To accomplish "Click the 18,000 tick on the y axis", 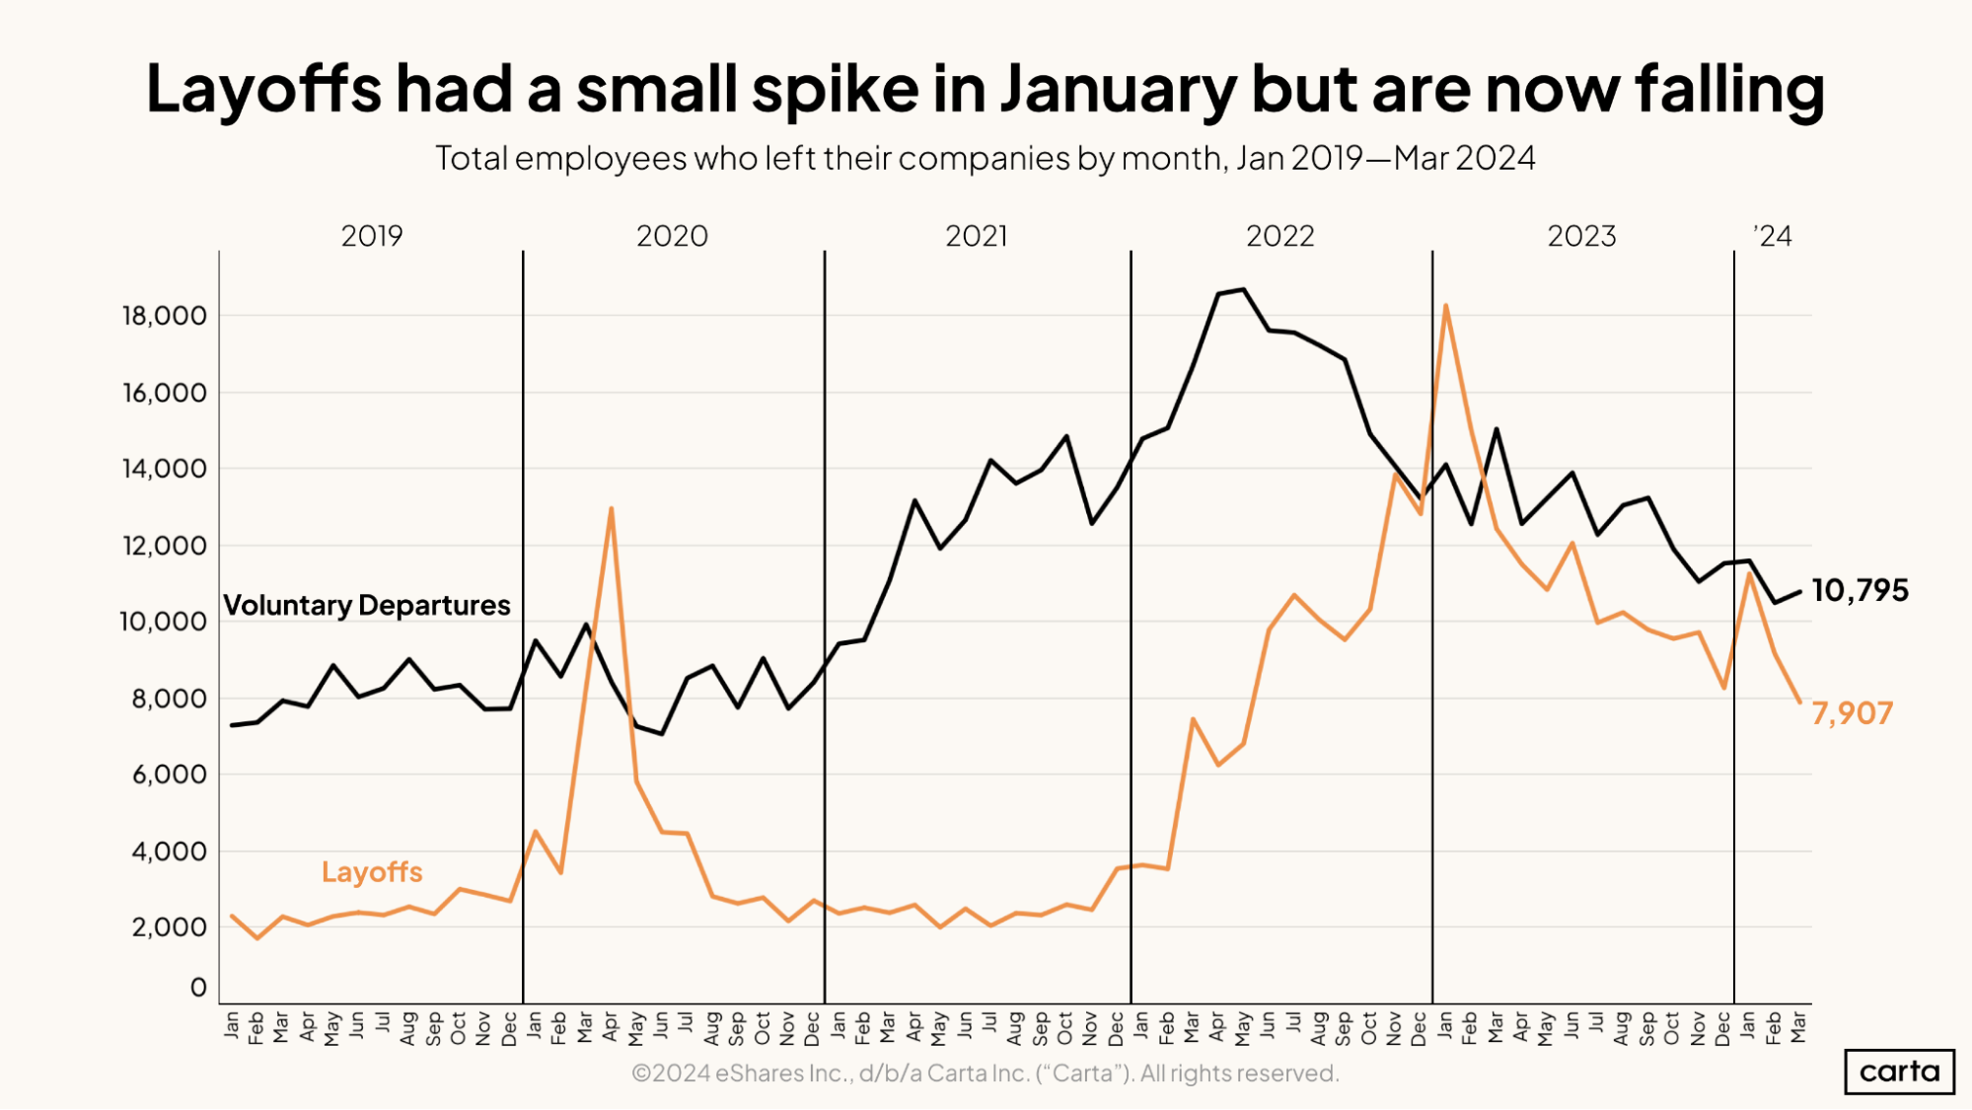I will (x=164, y=316).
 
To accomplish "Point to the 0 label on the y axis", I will (x=198, y=988).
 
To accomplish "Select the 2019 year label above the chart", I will (x=372, y=236).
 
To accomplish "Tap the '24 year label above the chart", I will (x=1773, y=236).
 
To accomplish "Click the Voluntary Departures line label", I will (x=367, y=605).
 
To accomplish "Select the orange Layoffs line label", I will (x=372, y=872).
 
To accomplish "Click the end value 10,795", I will (x=1860, y=590).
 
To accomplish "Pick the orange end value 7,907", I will (x=1852, y=713).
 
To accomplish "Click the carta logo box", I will (x=1899, y=1072).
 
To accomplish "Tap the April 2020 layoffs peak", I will (x=612, y=509).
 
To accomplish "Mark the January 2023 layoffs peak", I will (x=1445, y=306).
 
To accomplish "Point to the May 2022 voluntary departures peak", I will (x=1243, y=289).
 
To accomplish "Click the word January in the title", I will (x=1118, y=89).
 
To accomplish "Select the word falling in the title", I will (x=1729, y=89).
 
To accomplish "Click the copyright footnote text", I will (x=985, y=1073).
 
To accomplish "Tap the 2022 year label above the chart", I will (x=1279, y=236).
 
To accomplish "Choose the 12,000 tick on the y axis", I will (x=164, y=546).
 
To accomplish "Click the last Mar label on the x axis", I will (x=1798, y=1026).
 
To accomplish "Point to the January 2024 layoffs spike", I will (x=1749, y=573).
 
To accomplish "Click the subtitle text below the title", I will (x=985, y=158).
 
